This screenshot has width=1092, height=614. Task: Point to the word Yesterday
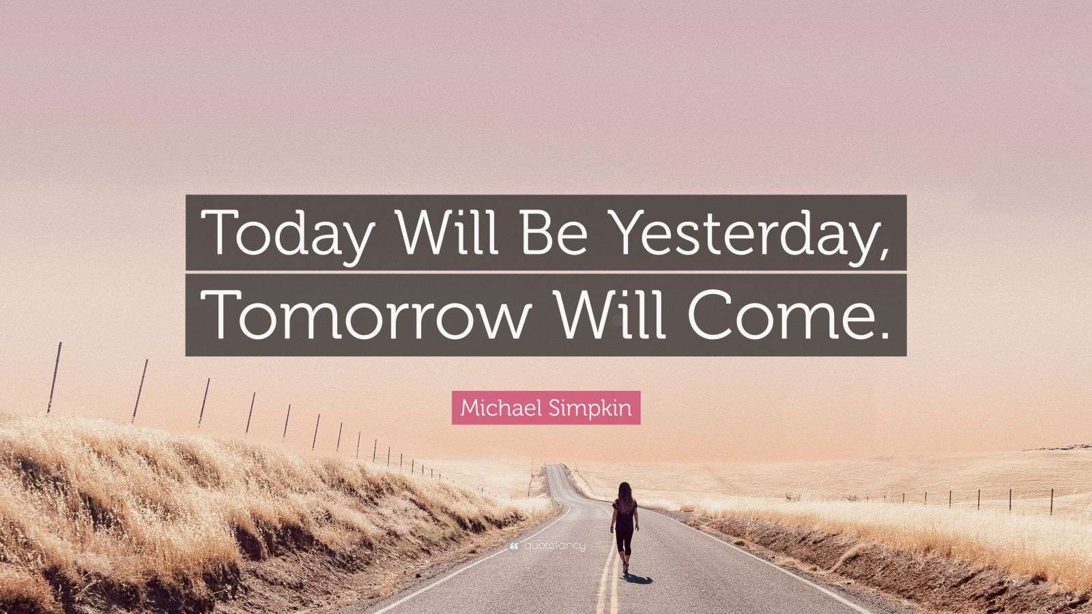737,234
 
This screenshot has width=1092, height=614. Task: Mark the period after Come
884,334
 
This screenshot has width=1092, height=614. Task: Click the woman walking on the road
624,526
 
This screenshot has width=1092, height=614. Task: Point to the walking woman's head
623,489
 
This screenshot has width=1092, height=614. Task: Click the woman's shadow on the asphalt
638,577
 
